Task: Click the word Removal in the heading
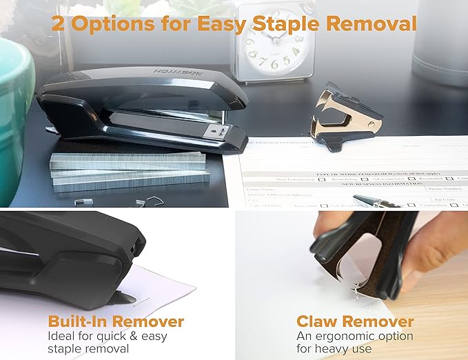point(369,25)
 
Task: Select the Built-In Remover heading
point(116,321)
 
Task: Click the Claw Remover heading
point(355,321)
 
